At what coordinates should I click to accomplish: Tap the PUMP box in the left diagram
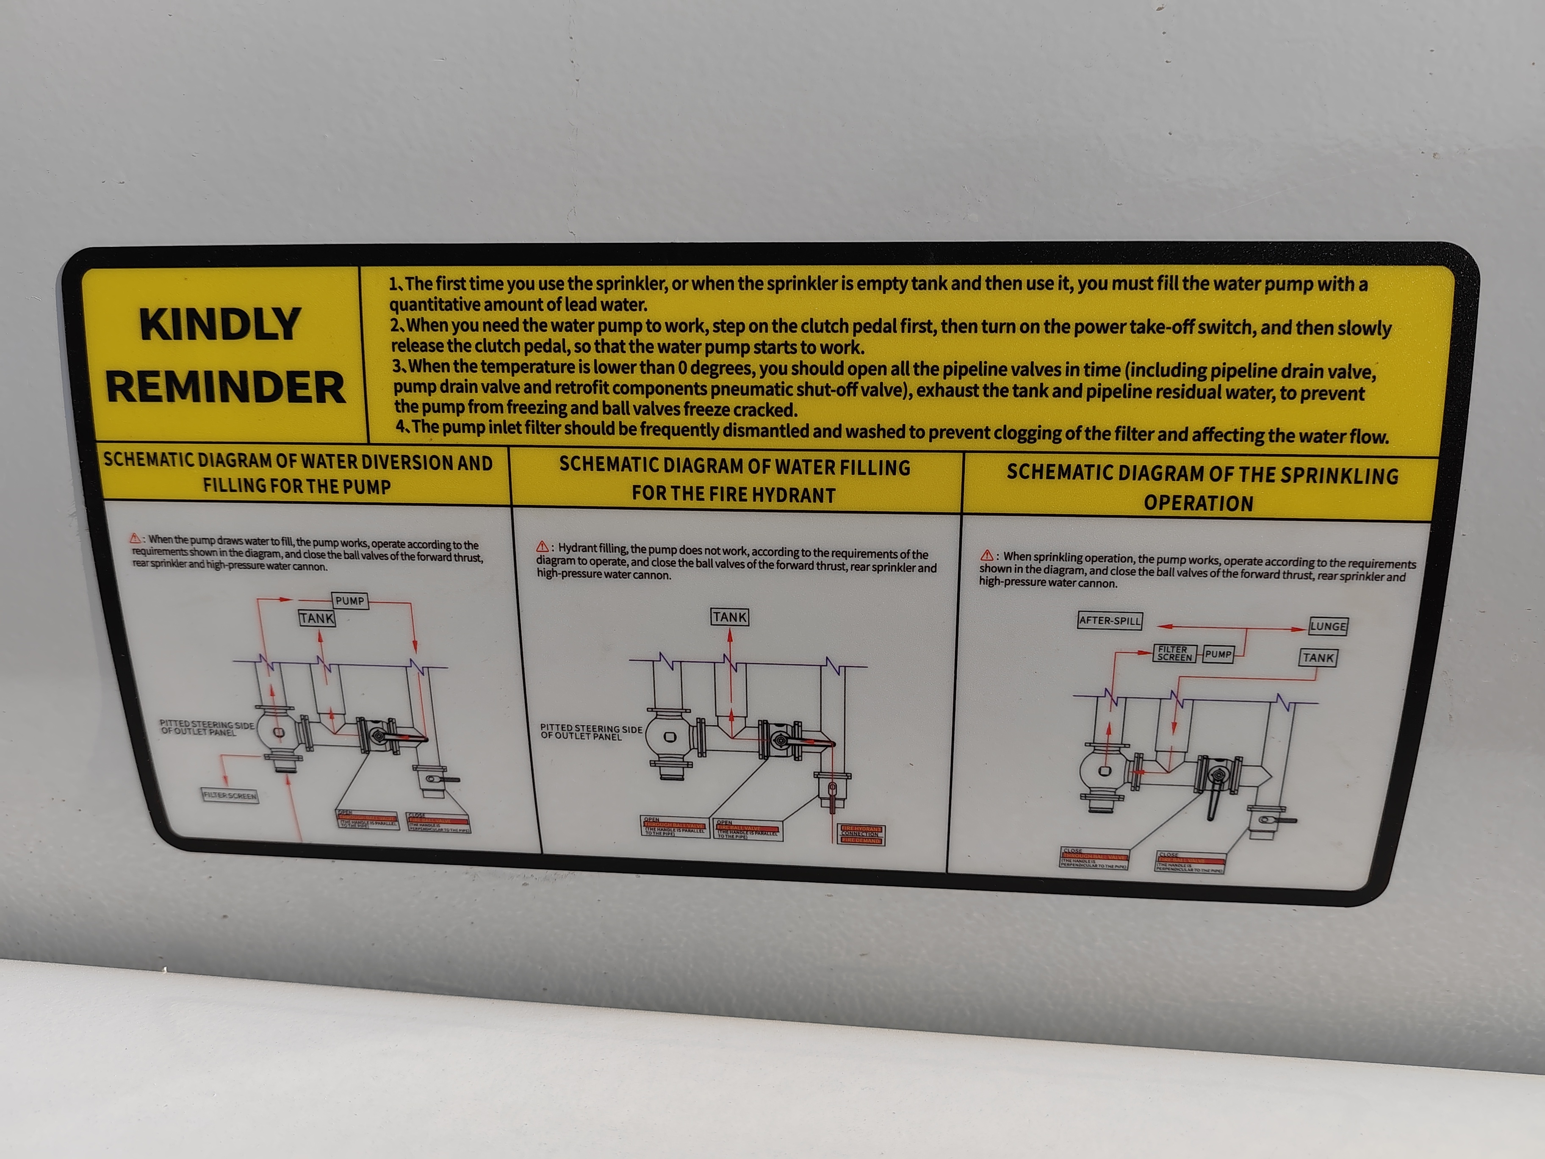point(350,601)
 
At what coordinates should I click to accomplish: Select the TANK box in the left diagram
point(317,618)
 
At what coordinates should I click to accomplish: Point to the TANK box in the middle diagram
point(730,617)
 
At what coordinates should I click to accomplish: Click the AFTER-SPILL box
point(1109,620)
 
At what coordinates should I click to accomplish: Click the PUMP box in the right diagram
point(1218,654)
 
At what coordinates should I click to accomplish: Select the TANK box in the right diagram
point(1318,657)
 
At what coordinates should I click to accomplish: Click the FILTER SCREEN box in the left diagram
point(230,795)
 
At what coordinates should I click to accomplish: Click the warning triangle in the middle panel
point(542,547)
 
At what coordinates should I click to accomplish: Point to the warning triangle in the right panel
point(987,555)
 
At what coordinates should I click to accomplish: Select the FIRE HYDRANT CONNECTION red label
point(861,834)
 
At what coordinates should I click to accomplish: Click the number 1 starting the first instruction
point(393,284)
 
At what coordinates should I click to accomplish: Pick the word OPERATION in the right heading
point(1199,503)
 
